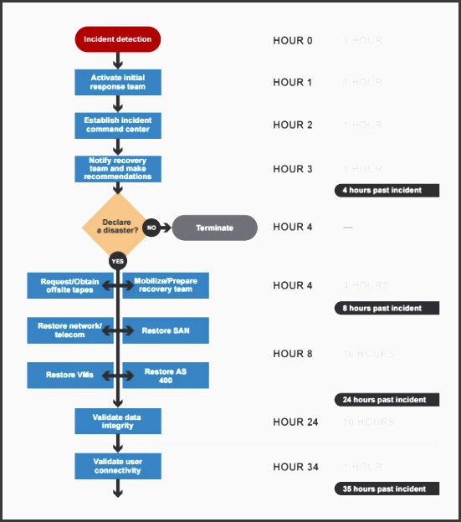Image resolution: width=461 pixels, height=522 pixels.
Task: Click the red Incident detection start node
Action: pos(117,39)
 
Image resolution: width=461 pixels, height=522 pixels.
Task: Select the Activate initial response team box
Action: pos(117,82)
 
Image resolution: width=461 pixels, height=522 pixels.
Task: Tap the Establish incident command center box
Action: pos(117,125)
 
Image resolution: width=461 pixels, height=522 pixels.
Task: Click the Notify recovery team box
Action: pos(117,168)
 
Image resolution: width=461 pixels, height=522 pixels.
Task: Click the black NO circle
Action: pos(151,228)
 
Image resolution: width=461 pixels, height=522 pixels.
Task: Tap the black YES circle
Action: pos(118,261)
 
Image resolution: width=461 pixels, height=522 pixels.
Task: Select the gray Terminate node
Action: pos(214,228)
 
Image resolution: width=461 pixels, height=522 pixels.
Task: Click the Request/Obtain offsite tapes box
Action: pos(69,286)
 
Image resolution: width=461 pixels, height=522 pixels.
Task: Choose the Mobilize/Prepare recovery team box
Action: pos(166,286)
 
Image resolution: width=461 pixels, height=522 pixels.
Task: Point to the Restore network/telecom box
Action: pos(69,330)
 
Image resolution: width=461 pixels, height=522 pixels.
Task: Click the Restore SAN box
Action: pos(166,330)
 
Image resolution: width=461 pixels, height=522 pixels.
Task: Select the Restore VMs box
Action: pos(69,375)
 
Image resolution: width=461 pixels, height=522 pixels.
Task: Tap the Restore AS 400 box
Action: pos(166,375)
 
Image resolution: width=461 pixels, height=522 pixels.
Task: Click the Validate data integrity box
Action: pos(117,421)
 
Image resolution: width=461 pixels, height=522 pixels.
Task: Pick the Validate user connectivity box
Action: pos(117,465)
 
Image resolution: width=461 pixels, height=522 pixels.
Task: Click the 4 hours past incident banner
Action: pos(387,190)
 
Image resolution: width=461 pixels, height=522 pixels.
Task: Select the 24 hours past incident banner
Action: pos(387,399)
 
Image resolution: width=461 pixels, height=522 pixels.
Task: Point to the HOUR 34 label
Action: pos(295,467)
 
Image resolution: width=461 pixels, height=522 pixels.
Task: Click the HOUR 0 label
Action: pos(293,40)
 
